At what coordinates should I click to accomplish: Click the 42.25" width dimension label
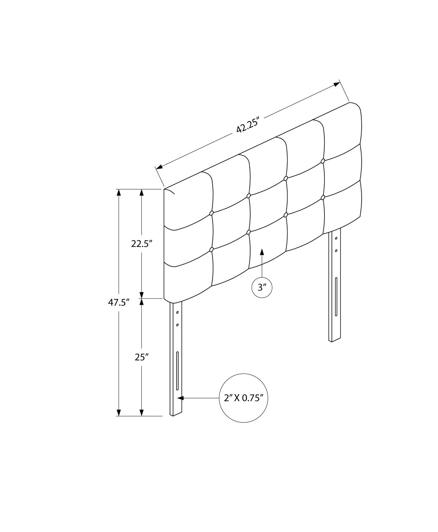(x=247, y=125)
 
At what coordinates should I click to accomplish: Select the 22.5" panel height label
(x=142, y=244)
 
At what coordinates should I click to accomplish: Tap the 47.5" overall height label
(x=119, y=303)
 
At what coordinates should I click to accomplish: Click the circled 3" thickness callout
(x=262, y=288)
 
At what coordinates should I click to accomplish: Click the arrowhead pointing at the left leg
(x=180, y=398)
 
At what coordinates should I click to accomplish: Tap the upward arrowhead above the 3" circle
(x=262, y=252)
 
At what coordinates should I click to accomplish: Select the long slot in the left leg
(x=177, y=371)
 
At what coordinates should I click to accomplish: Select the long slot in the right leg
(x=336, y=296)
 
